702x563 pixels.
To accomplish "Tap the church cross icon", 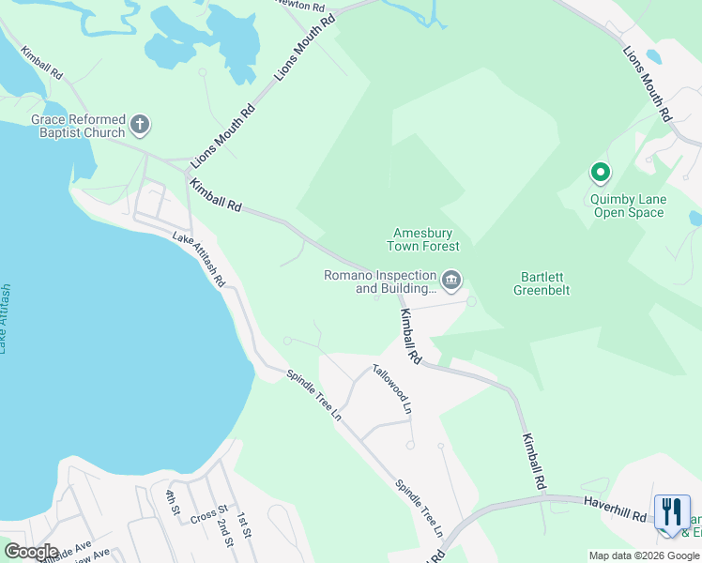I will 140,124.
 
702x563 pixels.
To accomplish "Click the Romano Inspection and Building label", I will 380,281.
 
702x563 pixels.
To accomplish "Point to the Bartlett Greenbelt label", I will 542,283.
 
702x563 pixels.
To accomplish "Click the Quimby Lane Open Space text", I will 628,205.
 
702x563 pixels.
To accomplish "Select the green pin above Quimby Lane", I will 600,174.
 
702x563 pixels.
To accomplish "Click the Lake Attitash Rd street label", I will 199,260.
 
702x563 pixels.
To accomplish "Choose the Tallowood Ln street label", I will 391,388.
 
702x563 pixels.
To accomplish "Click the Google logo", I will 31,552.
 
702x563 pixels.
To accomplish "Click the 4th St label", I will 172,503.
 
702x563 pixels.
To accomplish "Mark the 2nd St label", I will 224,530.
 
